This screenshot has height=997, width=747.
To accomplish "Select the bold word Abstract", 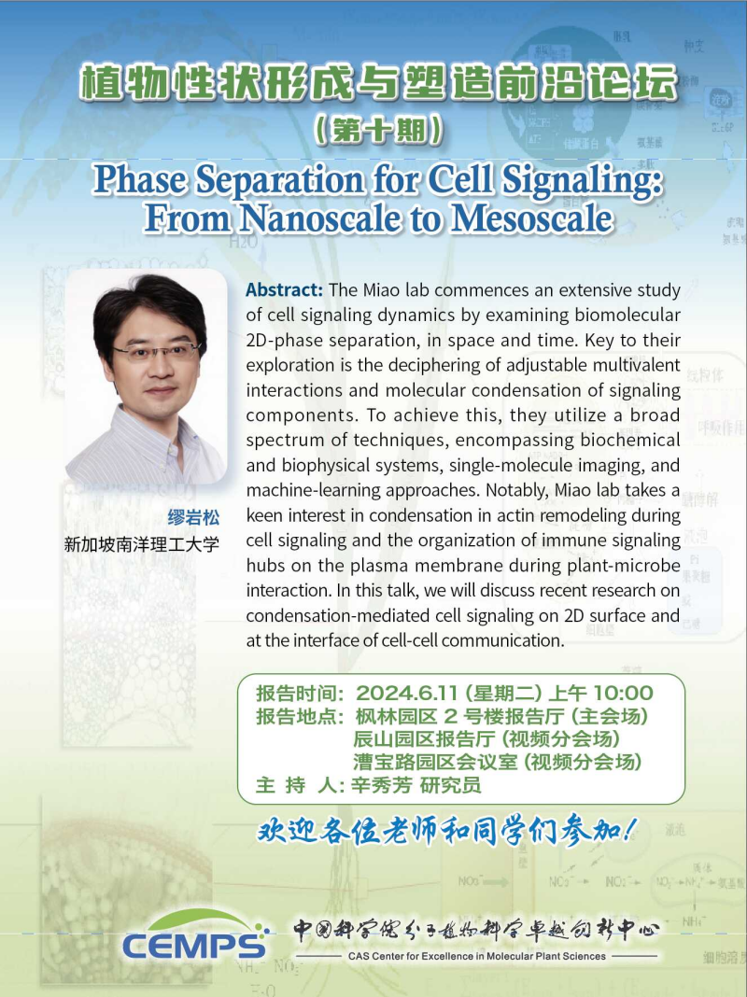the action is click(284, 290).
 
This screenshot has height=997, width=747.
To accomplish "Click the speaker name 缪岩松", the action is click(193, 517).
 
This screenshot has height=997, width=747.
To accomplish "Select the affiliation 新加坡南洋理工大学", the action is click(141, 544).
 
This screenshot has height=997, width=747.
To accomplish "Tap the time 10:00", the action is click(623, 693).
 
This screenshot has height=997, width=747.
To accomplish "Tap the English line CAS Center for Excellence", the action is click(477, 956).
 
